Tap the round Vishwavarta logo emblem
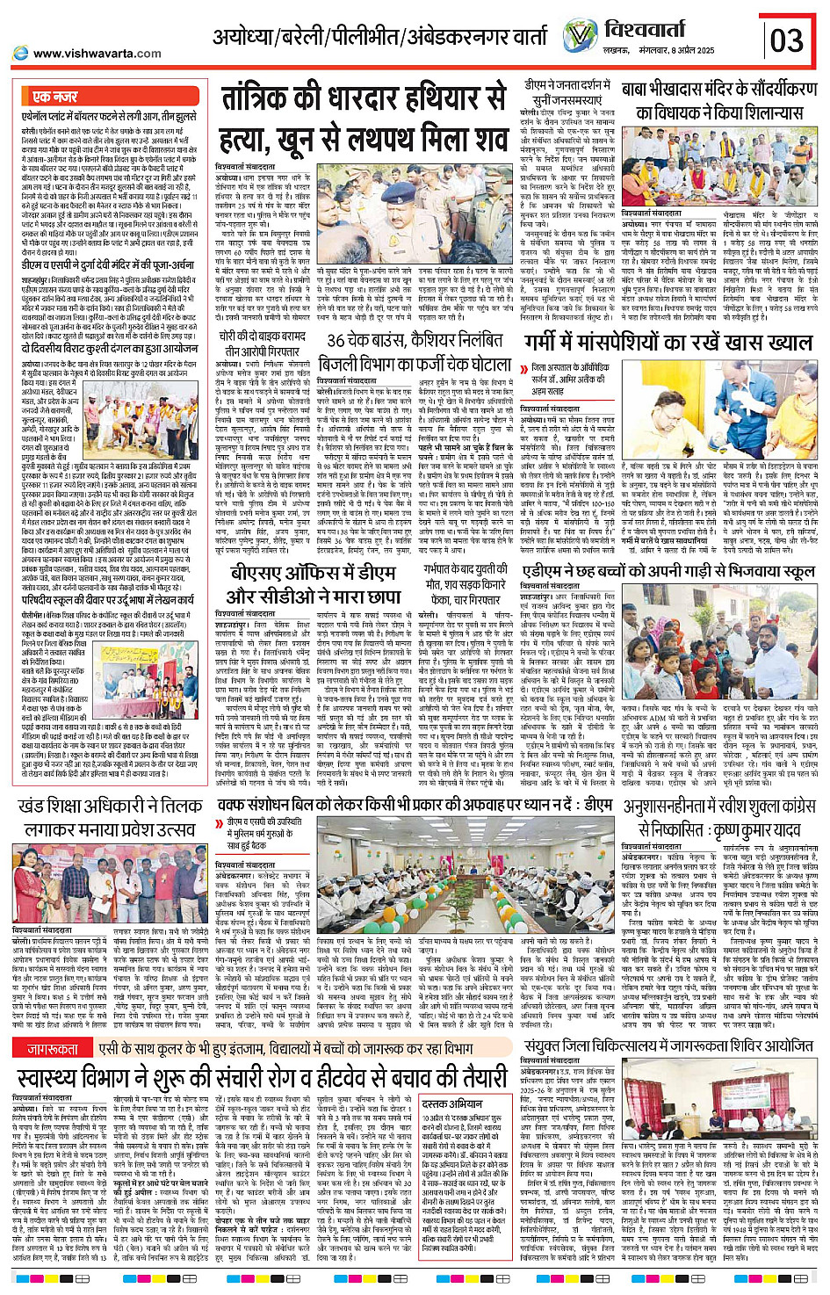click(x=581, y=36)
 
